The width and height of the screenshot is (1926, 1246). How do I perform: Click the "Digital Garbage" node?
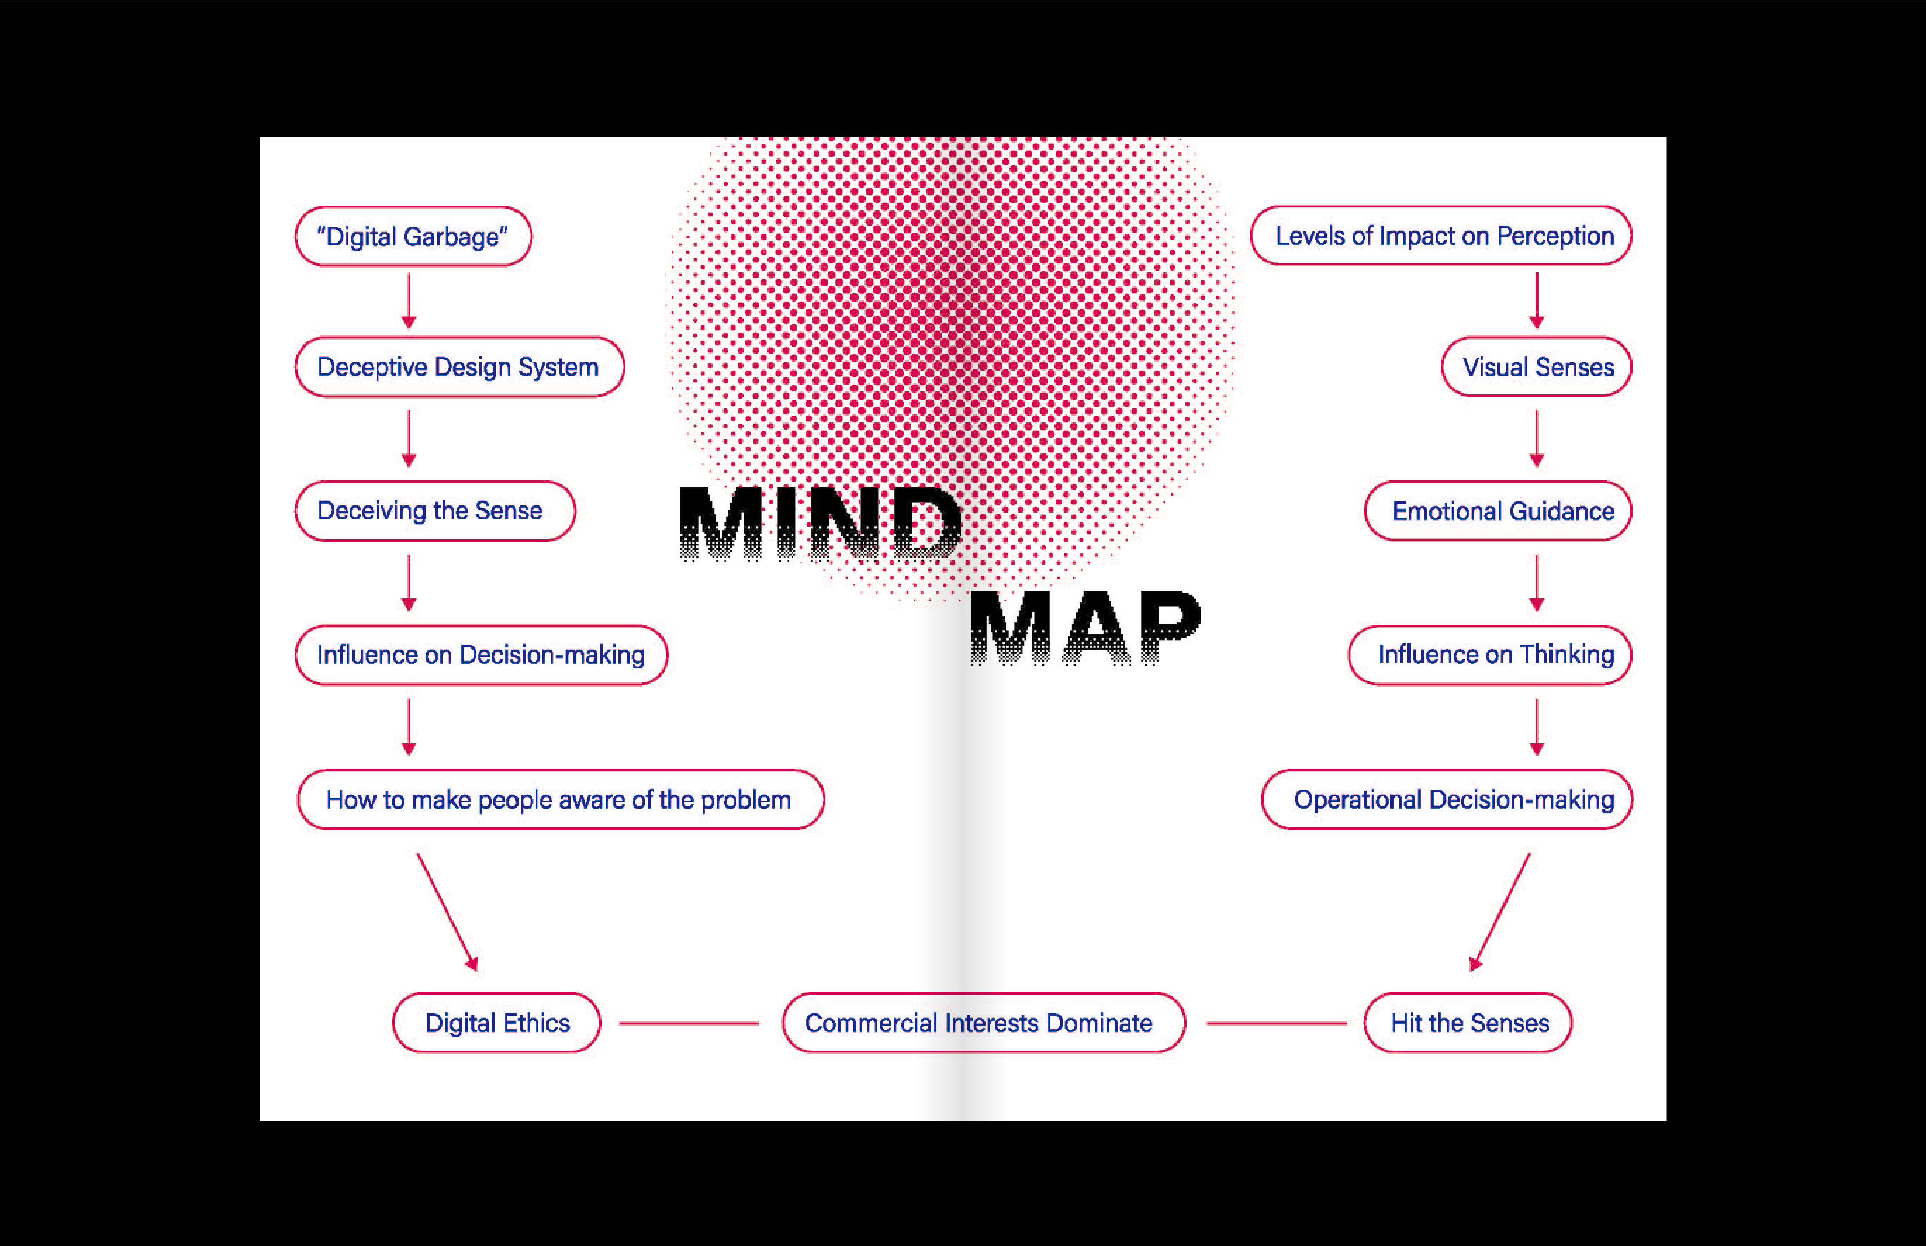[x=413, y=236]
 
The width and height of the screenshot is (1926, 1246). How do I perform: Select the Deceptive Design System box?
[x=459, y=367]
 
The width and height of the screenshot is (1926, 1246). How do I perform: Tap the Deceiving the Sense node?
[x=435, y=511]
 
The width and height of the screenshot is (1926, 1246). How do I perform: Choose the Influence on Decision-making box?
[x=481, y=655]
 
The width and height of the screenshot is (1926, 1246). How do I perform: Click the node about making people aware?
[x=560, y=799]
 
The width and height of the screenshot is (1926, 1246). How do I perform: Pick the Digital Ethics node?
[x=497, y=1023]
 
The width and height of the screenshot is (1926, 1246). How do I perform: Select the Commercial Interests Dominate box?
[x=983, y=1023]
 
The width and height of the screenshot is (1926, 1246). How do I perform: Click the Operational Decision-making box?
[x=1447, y=799]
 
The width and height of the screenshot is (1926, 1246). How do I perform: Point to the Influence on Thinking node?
[x=1490, y=655]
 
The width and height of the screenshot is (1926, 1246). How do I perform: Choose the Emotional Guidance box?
[x=1498, y=511]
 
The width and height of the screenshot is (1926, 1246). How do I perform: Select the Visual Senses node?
[x=1536, y=367]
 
